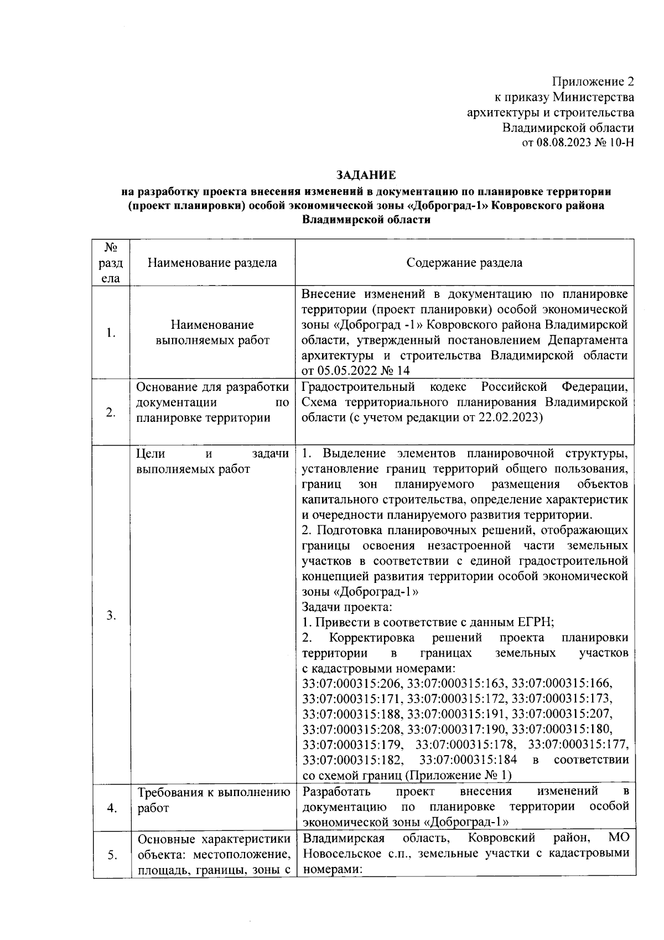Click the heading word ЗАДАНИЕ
(x=366, y=175)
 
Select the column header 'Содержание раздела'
(x=464, y=262)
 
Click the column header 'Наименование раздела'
(x=212, y=262)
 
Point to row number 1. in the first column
(x=111, y=333)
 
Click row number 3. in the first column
(x=111, y=615)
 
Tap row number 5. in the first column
(x=112, y=855)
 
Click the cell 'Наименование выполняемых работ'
(x=212, y=332)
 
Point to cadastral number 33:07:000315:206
(x=352, y=683)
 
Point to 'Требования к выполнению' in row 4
(x=214, y=793)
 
